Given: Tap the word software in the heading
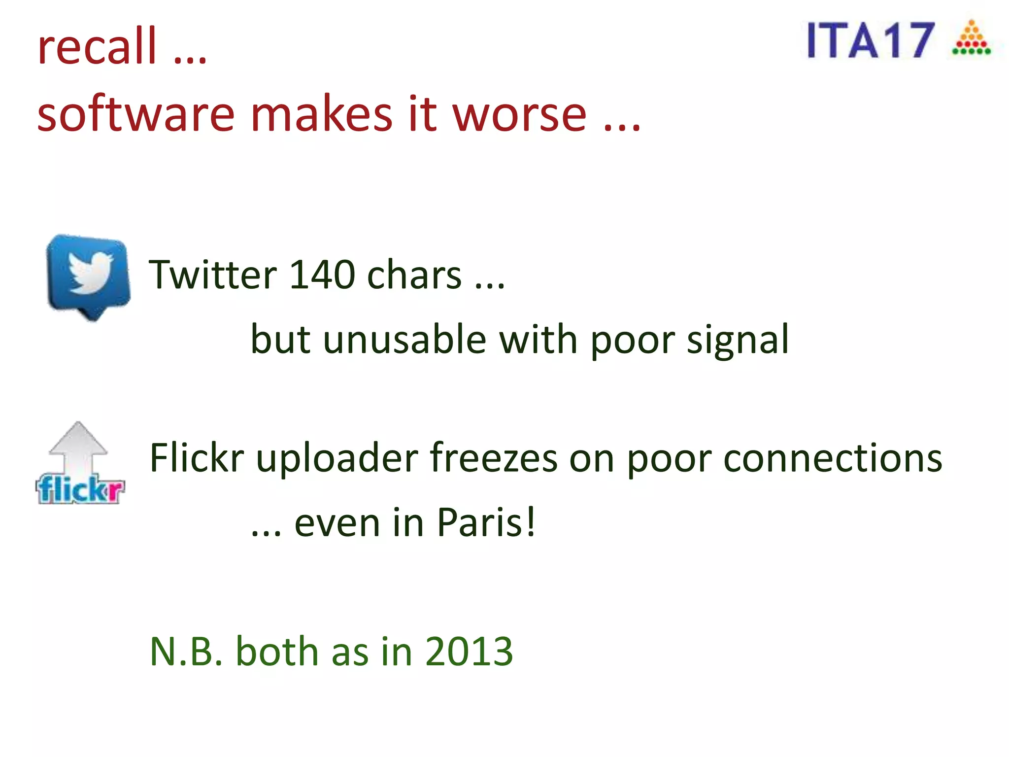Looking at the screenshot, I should tap(135, 114).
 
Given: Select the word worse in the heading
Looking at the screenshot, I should tap(519, 114).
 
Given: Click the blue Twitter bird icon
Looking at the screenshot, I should tap(89, 276).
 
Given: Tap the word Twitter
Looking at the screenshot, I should tap(212, 274).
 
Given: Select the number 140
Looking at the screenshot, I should tap(322, 274).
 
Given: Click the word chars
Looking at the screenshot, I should tap(414, 274).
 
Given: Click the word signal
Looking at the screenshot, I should tap(738, 340).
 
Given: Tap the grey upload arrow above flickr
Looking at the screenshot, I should tap(78, 446).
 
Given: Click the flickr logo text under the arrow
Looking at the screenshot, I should tap(80, 489).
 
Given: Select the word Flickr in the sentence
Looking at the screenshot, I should tap(197, 457).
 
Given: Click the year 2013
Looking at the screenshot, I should tap(469, 651).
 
